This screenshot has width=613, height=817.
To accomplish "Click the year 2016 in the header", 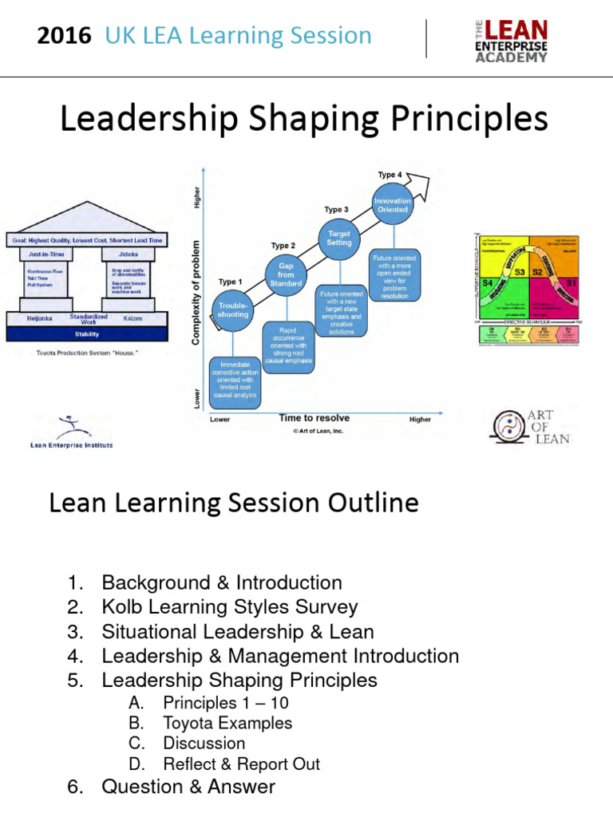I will tap(64, 36).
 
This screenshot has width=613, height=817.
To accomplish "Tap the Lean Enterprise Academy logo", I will tap(507, 41).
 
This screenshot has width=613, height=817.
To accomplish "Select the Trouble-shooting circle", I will tap(233, 309).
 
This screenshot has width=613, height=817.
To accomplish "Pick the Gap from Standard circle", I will tap(285, 273).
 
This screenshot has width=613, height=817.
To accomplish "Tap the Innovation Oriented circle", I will tap(393, 204).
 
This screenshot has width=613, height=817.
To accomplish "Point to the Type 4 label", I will tap(390, 174).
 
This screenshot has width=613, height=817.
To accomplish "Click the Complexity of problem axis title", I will tap(196, 292).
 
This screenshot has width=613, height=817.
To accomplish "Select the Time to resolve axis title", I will tap(314, 418).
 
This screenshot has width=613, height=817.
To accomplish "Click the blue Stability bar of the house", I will tap(87, 334).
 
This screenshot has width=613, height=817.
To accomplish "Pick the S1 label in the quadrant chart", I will tap(570, 283).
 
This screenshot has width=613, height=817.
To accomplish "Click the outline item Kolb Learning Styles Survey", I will tap(230, 607).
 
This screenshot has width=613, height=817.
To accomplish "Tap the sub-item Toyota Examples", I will tap(227, 723).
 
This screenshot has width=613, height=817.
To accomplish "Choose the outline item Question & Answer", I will tap(188, 787).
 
